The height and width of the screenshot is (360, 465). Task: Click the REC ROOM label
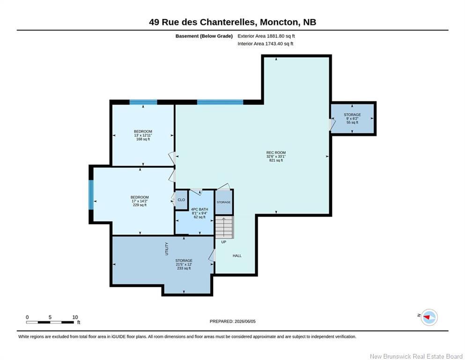[276, 152]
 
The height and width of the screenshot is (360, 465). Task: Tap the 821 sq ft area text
[276, 160]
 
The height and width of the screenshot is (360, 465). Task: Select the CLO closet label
[181, 200]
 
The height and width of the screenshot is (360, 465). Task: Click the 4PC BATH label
[199, 209]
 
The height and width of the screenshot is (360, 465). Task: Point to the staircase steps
[224, 227]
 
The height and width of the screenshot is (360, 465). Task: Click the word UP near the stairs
[224, 242]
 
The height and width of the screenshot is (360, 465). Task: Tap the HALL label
[237, 255]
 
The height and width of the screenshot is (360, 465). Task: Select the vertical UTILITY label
[167, 249]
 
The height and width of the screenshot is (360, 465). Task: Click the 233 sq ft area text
[184, 268]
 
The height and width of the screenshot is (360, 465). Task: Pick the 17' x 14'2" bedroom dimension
[140, 201]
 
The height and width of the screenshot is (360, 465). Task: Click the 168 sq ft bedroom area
[143, 139]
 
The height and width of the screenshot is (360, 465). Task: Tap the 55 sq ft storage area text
[352, 122]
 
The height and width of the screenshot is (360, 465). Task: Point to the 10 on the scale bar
[75, 317]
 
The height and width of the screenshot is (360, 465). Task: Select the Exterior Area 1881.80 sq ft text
[266, 36]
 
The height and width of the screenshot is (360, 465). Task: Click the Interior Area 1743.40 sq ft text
[266, 44]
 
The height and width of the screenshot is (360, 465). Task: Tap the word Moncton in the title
[279, 22]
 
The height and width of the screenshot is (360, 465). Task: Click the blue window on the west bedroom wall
[91, 195]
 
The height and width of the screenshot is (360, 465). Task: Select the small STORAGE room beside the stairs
[224, 202]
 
